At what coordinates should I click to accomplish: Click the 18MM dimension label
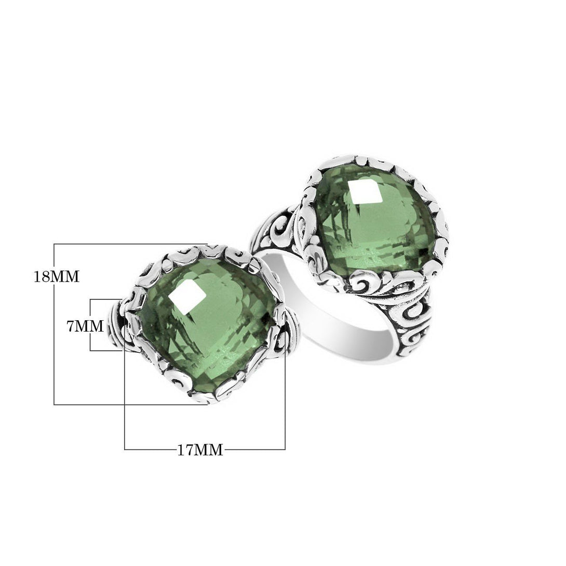[x=56, y=277]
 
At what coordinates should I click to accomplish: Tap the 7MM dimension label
[x=85, y=326]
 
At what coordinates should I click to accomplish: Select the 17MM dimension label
[x=200, y=450]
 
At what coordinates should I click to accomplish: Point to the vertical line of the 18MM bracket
[x=54, y=324]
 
